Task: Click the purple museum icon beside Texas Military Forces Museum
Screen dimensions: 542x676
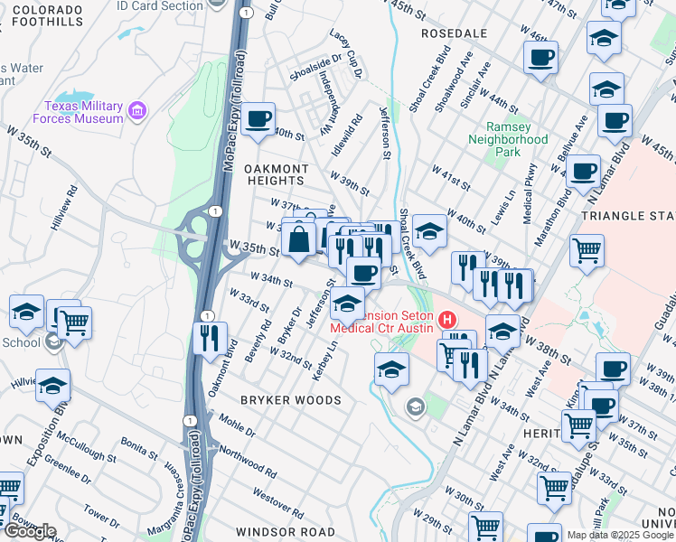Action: point(137,111)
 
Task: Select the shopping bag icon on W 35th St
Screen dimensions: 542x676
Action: point(298,240)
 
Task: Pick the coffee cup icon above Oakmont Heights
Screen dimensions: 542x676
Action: point(258,119)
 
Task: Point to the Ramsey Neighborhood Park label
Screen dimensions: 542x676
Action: point(508,139)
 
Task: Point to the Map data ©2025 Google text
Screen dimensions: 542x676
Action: point(620,535)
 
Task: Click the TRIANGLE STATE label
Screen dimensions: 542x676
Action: point(629,217)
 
